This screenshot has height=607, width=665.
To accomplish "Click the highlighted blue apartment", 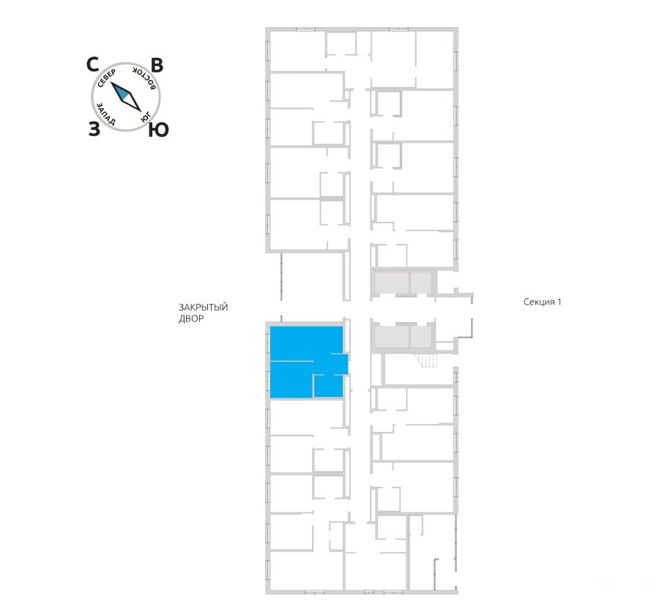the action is point(306,362).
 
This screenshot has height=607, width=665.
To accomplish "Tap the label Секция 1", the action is point(543,302).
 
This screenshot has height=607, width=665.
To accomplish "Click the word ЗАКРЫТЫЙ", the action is point(203,307).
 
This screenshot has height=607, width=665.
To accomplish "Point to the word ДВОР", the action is point(191,319).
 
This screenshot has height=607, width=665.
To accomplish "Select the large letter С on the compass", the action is point(92,65).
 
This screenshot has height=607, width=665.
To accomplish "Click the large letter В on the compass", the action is point(157,66).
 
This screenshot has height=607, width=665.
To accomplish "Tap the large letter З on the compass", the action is point(94,129).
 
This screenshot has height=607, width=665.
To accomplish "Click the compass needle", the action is point(126,97).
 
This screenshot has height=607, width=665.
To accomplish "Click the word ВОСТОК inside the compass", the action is point(146,77).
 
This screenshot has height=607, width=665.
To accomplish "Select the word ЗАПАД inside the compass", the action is point(105,114).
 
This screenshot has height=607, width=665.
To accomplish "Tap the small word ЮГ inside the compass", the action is point(146,116).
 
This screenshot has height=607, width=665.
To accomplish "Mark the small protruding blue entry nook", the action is point(338,364).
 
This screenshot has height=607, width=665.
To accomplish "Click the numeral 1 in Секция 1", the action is point(559,302).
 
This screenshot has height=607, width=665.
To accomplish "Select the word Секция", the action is point(538,302).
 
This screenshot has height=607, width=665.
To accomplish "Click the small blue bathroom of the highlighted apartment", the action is point(329,387).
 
